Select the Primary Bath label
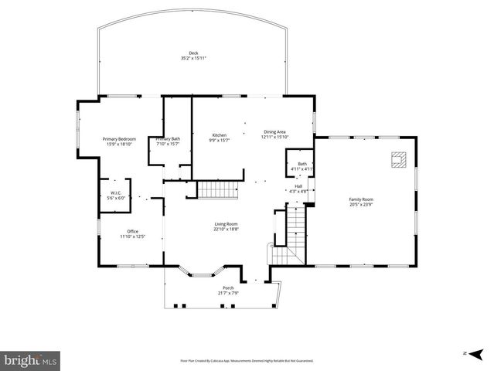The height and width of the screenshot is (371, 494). (168, 139)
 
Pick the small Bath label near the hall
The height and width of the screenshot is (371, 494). (302, 163)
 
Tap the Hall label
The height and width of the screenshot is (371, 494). (298, 185)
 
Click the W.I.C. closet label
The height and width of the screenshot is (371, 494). (115, 192)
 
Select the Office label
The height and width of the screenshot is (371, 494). (132, 232)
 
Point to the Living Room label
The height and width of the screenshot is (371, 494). (226, 224)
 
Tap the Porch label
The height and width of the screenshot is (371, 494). (228, 288)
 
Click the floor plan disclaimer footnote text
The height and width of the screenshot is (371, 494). (247, 361)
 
